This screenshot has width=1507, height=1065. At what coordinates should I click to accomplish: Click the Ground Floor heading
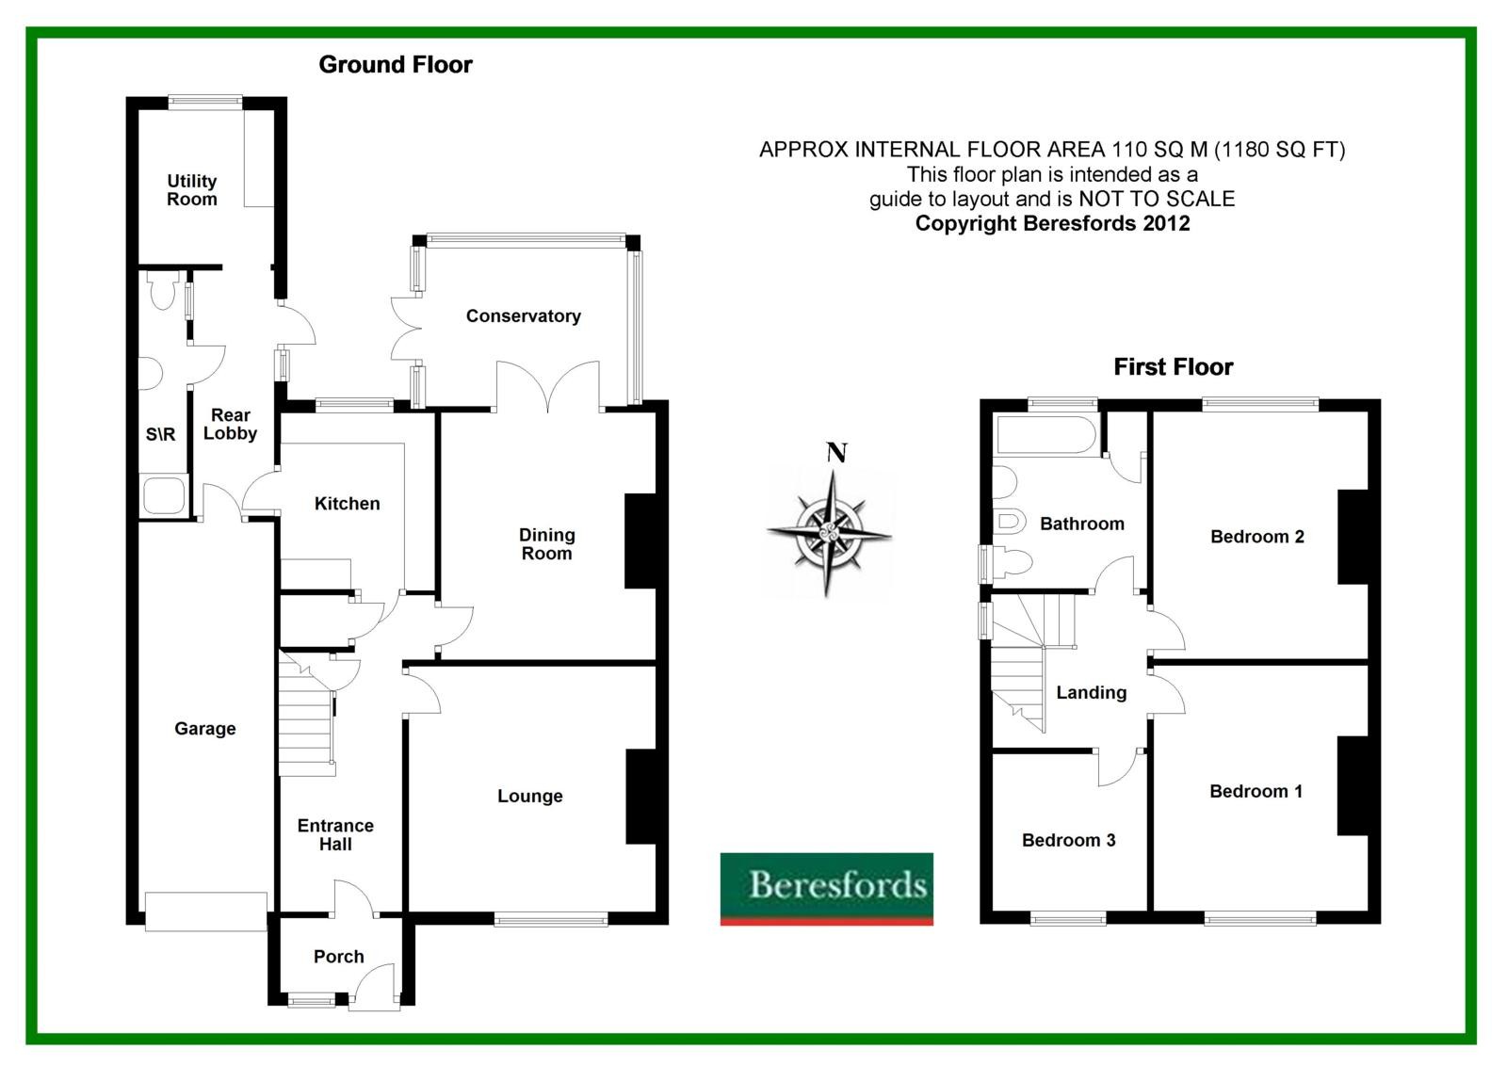click(x=396, y=65)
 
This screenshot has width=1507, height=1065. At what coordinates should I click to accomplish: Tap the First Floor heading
click(x=1174, y=366)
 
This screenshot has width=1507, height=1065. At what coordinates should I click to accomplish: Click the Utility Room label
click(x=192, y=190)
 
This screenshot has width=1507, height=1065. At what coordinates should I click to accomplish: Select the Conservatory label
click(x=524, y=316)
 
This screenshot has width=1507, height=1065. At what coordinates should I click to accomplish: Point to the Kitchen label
click(x=348, y=503)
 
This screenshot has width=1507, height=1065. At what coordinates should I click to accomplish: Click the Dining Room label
click(x=547, y=544)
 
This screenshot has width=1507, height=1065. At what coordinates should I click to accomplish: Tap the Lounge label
click(x=530, y=796)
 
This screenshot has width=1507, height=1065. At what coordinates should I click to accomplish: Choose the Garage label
click(x=205, y=729)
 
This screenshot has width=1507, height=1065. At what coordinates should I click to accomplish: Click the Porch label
click(x=338, y=956)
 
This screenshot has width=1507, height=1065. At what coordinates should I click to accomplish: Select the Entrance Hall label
click(x=335, y=835)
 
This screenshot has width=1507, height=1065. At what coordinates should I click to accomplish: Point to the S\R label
click(x=161, y=435)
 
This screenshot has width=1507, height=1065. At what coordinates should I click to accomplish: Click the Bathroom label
click(x=1082, y=524)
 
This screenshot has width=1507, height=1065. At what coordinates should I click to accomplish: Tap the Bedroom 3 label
click(x=1068, y=840)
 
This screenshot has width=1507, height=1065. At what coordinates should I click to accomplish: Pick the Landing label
click(x=1092, y=692)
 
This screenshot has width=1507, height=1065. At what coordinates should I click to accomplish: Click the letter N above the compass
click(x=836, y=453)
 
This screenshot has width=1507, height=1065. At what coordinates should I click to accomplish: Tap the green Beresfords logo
click(x=827, y=889)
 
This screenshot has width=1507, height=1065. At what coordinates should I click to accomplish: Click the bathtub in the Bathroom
click(x=1046, y=435)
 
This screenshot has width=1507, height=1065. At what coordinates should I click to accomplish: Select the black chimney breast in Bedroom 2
click(x=1353, y=537)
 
